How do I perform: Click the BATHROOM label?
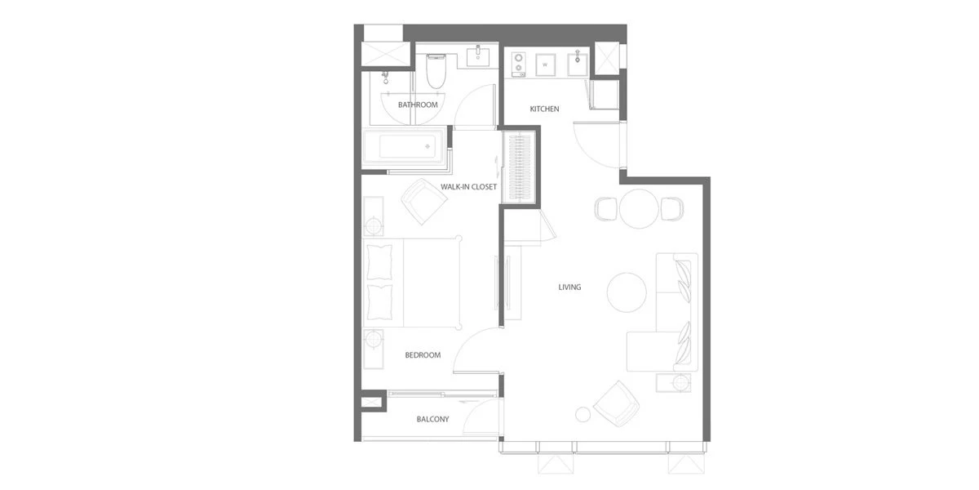pos(418,105)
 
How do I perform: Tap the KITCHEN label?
pos(544,109)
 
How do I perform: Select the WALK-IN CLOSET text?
pos(468,187)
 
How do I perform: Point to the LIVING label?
pos(569,287)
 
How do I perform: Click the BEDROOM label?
pos(423,355)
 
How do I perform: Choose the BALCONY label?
pos(432,419)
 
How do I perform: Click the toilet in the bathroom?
pos(436,71)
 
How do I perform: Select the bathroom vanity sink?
pos(478,57)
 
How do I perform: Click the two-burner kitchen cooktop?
pos(519,65)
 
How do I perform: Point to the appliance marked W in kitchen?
pos(546,65)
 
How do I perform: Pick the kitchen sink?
pos(578,65)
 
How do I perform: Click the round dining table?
pos(639,209)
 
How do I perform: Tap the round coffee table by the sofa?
pos(627,292)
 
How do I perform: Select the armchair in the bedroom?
pos(424,202)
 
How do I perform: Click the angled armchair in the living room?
pos(617,403)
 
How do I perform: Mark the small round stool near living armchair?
pos(583,414)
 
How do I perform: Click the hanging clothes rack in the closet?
pos(520,167)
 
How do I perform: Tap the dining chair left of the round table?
pos(606,209)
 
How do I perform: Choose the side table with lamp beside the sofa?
pos(674,383)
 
